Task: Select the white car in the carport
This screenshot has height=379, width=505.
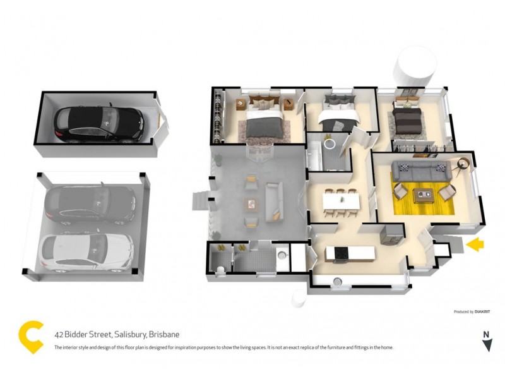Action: click(x=87, y=253)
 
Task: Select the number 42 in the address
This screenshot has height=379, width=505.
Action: click(x=59, y=335)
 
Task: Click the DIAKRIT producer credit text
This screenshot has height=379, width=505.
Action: click(x=483, y=311)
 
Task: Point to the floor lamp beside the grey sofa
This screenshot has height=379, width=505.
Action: click(x=463, y=164)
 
